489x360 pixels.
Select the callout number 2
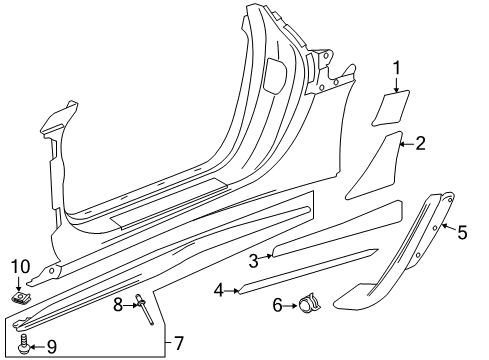(420, 143)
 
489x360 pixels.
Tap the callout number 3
(254, 260)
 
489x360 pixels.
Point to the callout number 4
(218, 290)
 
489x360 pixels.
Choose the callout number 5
(462, 232)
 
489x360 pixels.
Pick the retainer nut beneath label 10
(20, 297)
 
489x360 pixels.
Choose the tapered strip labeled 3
(320, 244)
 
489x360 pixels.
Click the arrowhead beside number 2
(403, 144)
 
